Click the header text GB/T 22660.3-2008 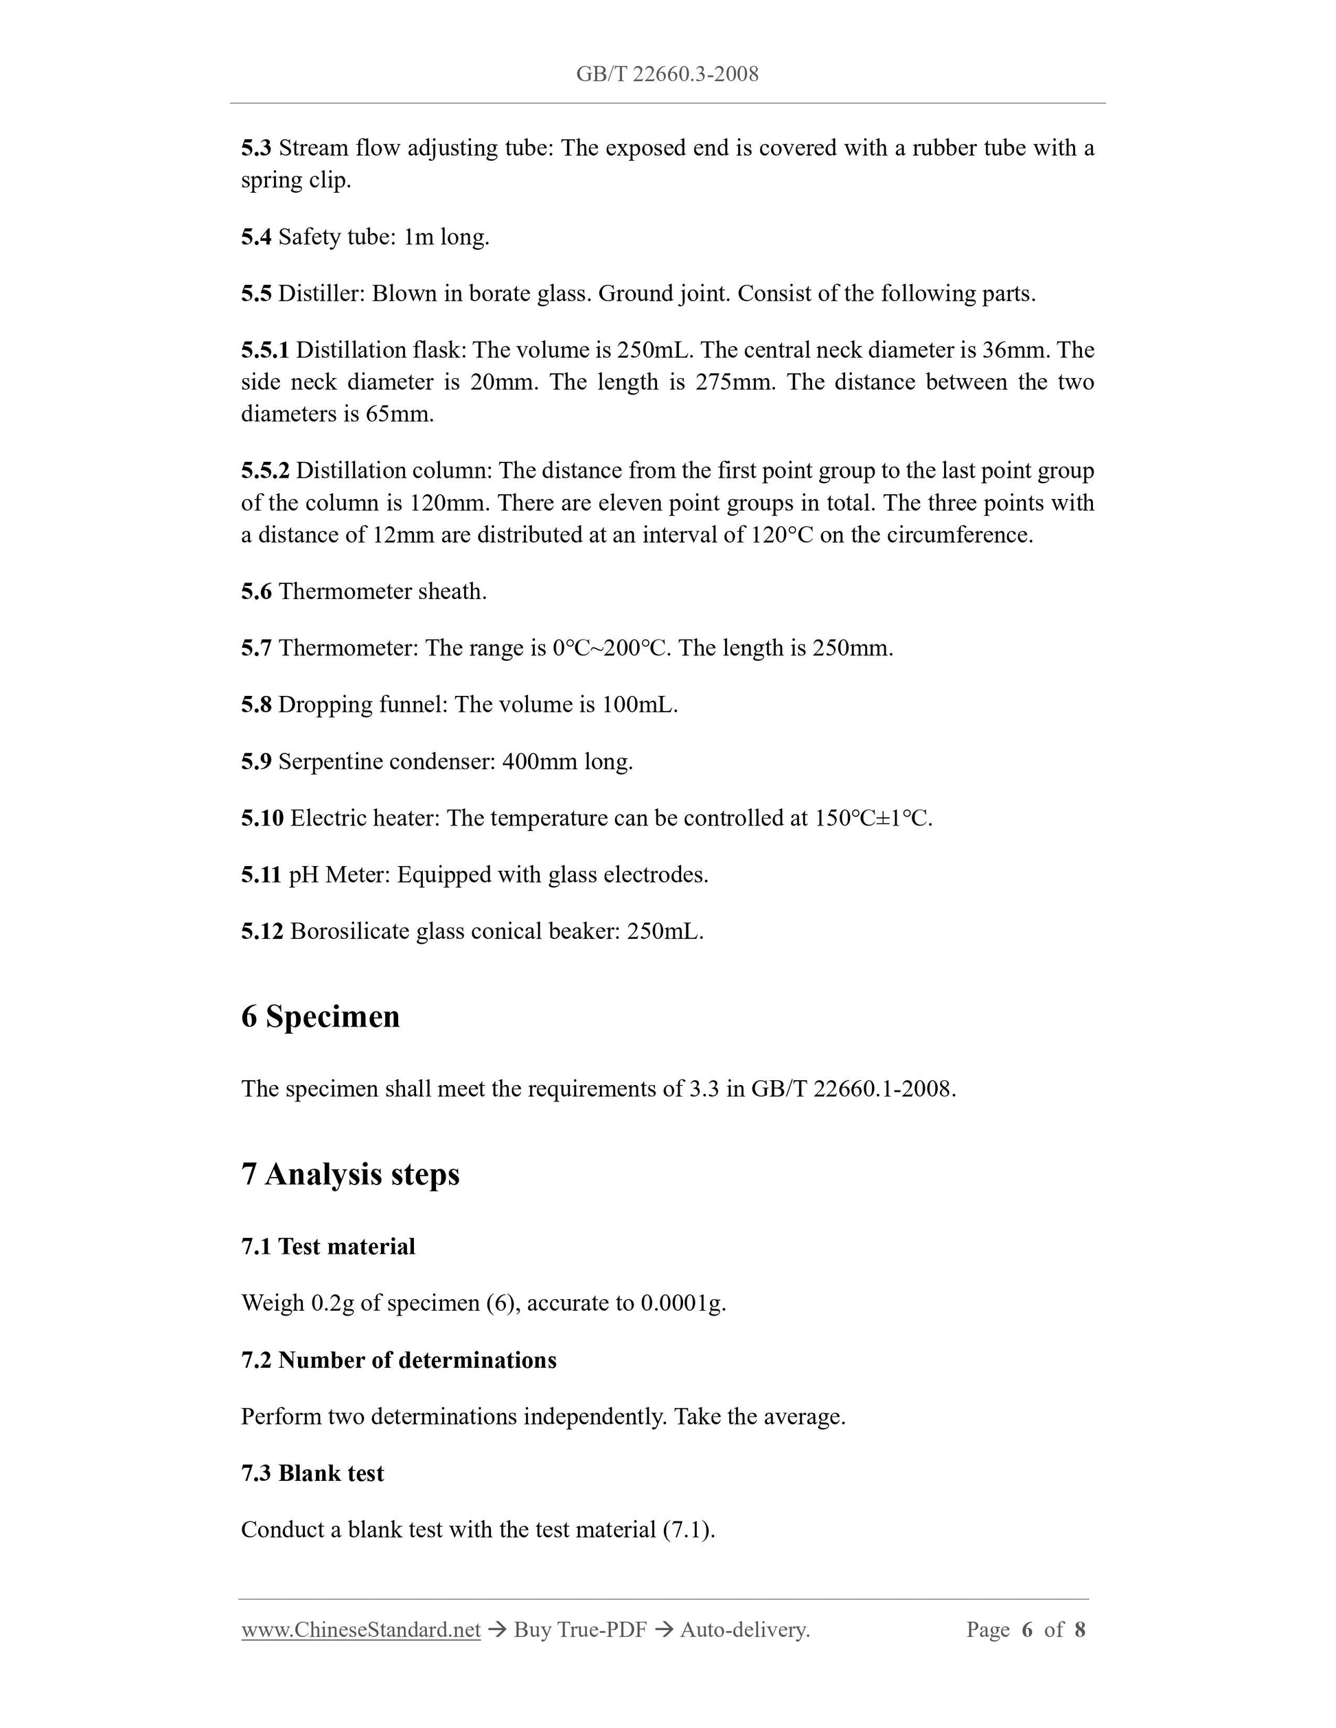coord(667,74)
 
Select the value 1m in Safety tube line coord(418,237)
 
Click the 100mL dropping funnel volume coord(639,705)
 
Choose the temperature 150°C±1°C coord(873,818)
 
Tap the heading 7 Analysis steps coord(350,1174)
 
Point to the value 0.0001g coord(683,1303)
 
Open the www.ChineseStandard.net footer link coord(361,1630)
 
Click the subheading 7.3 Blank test coord(312,1473)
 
